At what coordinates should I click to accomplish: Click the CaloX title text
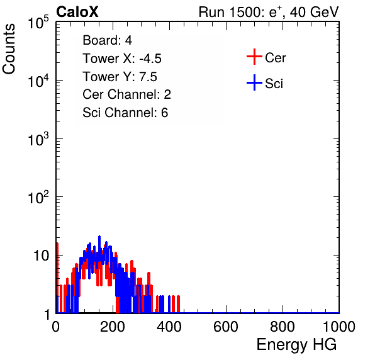click(77, 12)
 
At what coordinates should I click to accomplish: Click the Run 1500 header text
click(269, 12)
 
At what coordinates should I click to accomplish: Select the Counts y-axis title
click(9, 49)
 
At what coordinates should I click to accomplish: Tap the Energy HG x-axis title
click(296, 345)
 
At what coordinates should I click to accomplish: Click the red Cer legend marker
click(254, 57)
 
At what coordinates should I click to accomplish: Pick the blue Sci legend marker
click(254, 82)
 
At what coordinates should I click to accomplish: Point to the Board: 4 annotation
click(107, 40)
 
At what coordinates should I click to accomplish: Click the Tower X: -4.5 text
click(122, 59)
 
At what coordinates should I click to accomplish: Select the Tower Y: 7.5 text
click(120, 77)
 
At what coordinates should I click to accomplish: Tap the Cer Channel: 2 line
click(126, 94)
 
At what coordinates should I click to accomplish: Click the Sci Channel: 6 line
click(125, 113)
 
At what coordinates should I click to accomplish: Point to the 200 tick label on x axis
click(113, 327)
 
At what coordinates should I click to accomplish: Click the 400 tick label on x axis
click(169, 327)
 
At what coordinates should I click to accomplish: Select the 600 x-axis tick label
click(226, 327)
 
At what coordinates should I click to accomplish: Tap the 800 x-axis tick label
click(283, 327)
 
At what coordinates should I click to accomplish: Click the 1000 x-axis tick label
click(339, 327)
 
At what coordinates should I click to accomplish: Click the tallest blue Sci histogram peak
click(99, 237)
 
